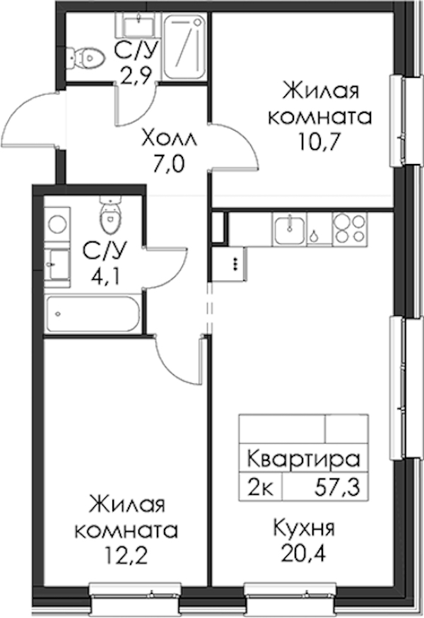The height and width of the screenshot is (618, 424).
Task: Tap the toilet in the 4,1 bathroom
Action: point(110,215)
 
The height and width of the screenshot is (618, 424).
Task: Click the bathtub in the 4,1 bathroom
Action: point(93,314)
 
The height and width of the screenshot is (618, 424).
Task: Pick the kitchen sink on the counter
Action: point(290,230)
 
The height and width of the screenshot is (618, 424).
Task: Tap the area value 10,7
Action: point(319,143)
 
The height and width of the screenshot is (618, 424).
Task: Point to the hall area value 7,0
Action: point(169,164)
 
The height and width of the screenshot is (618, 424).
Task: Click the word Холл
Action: point(170,139)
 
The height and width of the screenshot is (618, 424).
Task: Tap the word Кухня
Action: point(304,527)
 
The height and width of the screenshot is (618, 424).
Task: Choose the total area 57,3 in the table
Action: point(337,489)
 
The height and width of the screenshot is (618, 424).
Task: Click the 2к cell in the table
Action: point(259,489)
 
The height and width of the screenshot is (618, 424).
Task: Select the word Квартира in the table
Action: point(304,459)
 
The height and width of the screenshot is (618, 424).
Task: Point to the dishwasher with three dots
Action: point(236,264)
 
